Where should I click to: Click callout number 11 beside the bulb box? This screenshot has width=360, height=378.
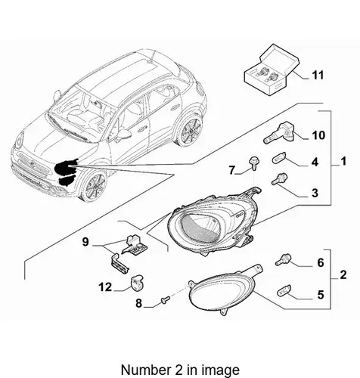coord(318,75)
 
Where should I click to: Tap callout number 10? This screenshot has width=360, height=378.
coord(318,135)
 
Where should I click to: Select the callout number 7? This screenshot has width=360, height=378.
coord(232,170)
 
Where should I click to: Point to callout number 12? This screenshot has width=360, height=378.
coord(105,287)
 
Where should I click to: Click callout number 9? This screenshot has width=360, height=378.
coord(85,242)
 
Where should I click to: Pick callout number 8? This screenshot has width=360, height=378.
coord(139,303)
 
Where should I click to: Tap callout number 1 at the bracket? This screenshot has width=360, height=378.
coord(343,161)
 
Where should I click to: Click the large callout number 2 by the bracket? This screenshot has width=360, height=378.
coord(343,274)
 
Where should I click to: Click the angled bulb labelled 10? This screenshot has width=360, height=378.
coord(279,134)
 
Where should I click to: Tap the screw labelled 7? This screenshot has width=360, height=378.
coord(253,163)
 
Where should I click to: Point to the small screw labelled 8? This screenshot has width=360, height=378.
coord(166,299)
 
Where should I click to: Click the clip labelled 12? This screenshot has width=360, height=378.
coord(137,282)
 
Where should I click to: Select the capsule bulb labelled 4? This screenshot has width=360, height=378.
coord(279,160)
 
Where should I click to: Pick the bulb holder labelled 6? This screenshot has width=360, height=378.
coord(283,259)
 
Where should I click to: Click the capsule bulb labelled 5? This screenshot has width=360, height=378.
coord(284,290)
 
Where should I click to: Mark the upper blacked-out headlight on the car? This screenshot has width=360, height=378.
coord(66,167)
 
